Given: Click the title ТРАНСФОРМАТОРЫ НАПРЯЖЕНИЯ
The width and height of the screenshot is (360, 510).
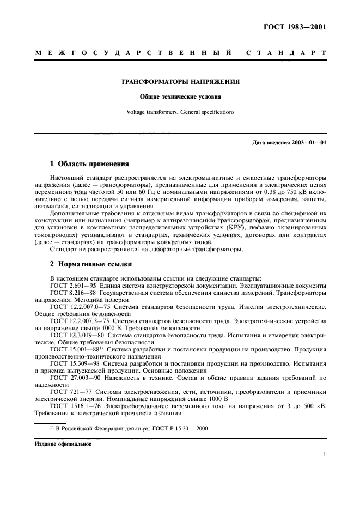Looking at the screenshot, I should pyautogui.click(x=180, y=83).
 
